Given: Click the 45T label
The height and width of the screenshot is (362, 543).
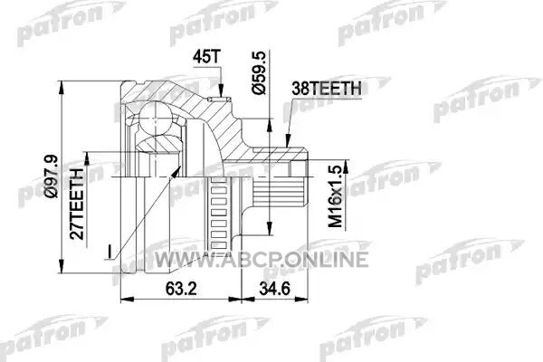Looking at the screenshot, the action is point(206,57).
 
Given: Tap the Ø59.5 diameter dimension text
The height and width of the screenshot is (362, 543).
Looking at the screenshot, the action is point(259,72).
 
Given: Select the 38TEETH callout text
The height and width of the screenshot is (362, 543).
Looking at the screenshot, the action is point(327,89).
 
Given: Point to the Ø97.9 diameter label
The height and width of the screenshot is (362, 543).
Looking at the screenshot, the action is point(52,176).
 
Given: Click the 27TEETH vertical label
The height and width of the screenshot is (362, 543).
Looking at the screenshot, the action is point(77,204).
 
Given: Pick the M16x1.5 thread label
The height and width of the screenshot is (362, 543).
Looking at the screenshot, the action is point(335,196).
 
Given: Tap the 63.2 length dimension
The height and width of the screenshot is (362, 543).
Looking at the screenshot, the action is point(181,288).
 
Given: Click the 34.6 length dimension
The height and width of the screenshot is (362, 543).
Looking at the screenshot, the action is point(274,288).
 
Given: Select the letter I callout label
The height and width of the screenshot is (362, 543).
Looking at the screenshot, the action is point(110,252).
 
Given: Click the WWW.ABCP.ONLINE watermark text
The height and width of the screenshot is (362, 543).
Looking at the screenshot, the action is point(262,259).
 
